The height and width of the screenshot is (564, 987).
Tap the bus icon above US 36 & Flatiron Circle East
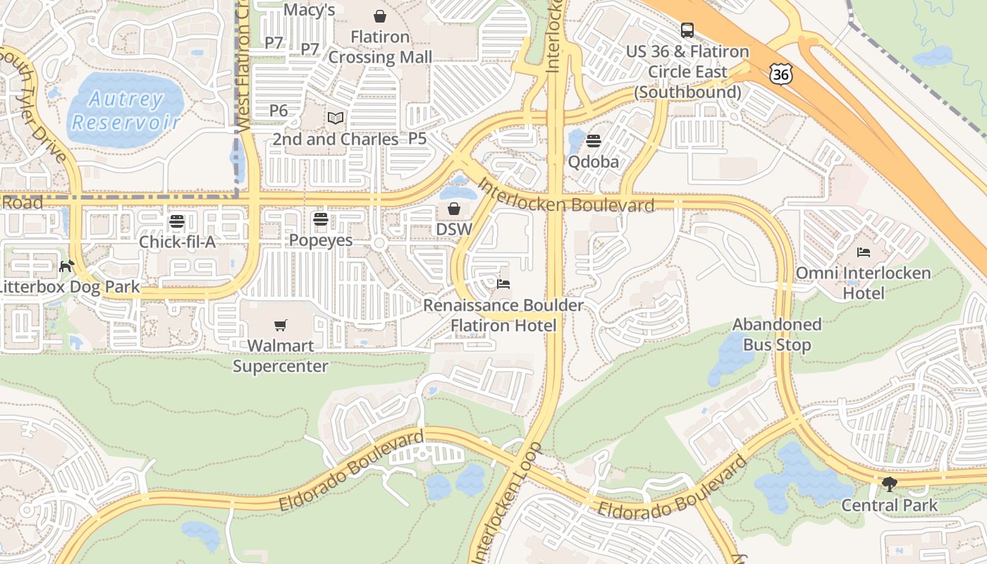pos(687,30)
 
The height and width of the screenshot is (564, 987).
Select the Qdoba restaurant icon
pos(594,141)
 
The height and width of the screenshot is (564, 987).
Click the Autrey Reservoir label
pos(127,111)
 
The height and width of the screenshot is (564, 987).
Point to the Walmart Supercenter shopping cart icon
pos(281,325)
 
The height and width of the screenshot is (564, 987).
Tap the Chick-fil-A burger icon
pos(176,221)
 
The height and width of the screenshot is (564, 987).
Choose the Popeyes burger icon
pos(321,219)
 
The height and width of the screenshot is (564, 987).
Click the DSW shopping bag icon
pos(454,209)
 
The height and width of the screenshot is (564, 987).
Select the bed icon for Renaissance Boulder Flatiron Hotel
pos(503,284)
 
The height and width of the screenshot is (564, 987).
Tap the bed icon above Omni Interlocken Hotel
pos(864,252)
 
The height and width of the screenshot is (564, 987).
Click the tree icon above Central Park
pos(890,484)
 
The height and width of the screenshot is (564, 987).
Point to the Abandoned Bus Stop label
pos(777,335)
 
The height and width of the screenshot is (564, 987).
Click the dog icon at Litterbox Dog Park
pos(67,266)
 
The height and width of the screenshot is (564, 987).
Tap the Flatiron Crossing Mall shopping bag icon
pos(380,16)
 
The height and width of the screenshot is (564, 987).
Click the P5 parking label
pos(417,139)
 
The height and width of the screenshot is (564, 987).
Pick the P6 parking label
pos(278,111)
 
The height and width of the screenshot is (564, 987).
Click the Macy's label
pos(309,10)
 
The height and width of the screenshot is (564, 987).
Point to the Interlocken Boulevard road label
pos(566,197)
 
